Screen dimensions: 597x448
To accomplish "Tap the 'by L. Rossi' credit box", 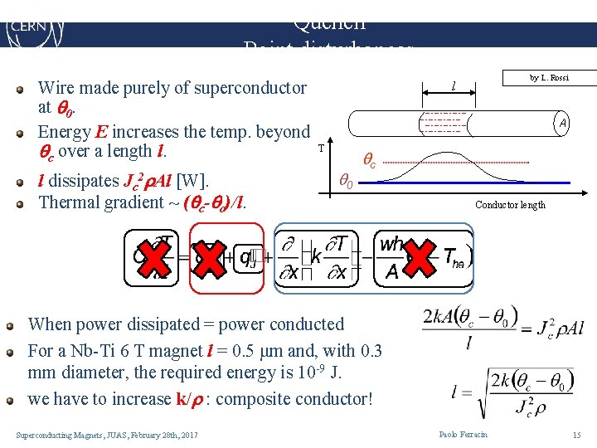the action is [x=549, y=77].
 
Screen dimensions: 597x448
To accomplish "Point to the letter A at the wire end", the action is [x=562, y=124].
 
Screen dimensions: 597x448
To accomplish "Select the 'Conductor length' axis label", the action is [x=510, y=205].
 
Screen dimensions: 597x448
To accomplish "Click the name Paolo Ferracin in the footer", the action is [x=463, y=435].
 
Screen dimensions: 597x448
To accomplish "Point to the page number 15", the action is [x=576, y=435].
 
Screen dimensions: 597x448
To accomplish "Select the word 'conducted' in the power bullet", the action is [x=303, y=324].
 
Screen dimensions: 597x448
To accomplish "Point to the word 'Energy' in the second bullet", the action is [x=64, y=132].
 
